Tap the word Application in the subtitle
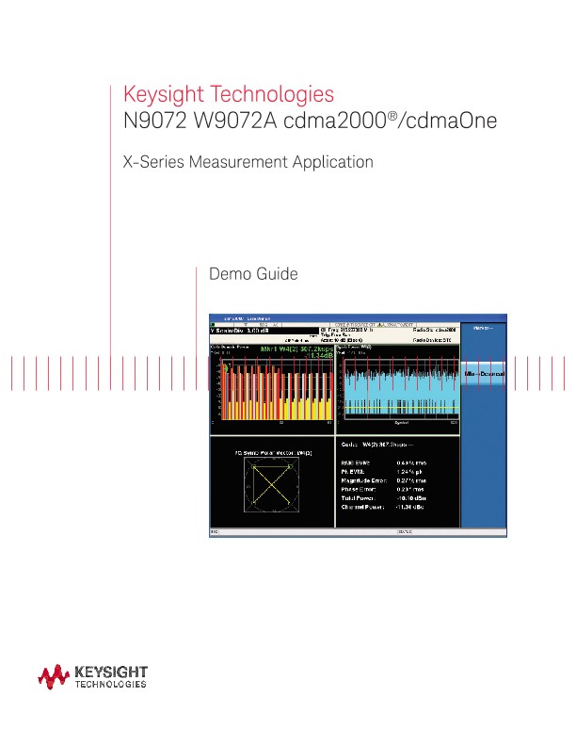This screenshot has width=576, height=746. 337,162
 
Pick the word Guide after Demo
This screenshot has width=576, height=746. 277,274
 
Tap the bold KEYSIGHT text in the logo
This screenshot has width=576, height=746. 110,672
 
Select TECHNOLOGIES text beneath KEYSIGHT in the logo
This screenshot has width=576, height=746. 110,687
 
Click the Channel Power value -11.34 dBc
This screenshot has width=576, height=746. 410,506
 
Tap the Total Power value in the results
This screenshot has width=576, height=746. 410,497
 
